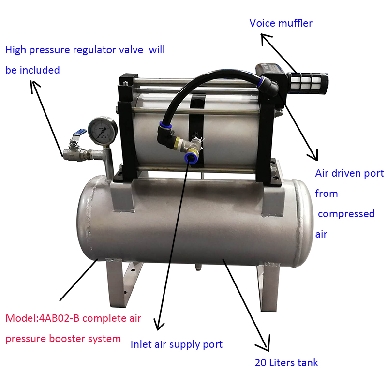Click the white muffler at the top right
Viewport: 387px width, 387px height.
(308, 83)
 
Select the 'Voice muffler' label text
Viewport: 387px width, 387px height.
(281, 23)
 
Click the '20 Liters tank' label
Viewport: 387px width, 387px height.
(286, 362)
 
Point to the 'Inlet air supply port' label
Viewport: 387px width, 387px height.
(177, 344)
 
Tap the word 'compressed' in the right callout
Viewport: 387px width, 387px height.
(346, 213)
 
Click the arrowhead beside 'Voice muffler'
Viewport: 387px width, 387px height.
(265, 39)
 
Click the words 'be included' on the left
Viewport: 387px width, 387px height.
(32, 70)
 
